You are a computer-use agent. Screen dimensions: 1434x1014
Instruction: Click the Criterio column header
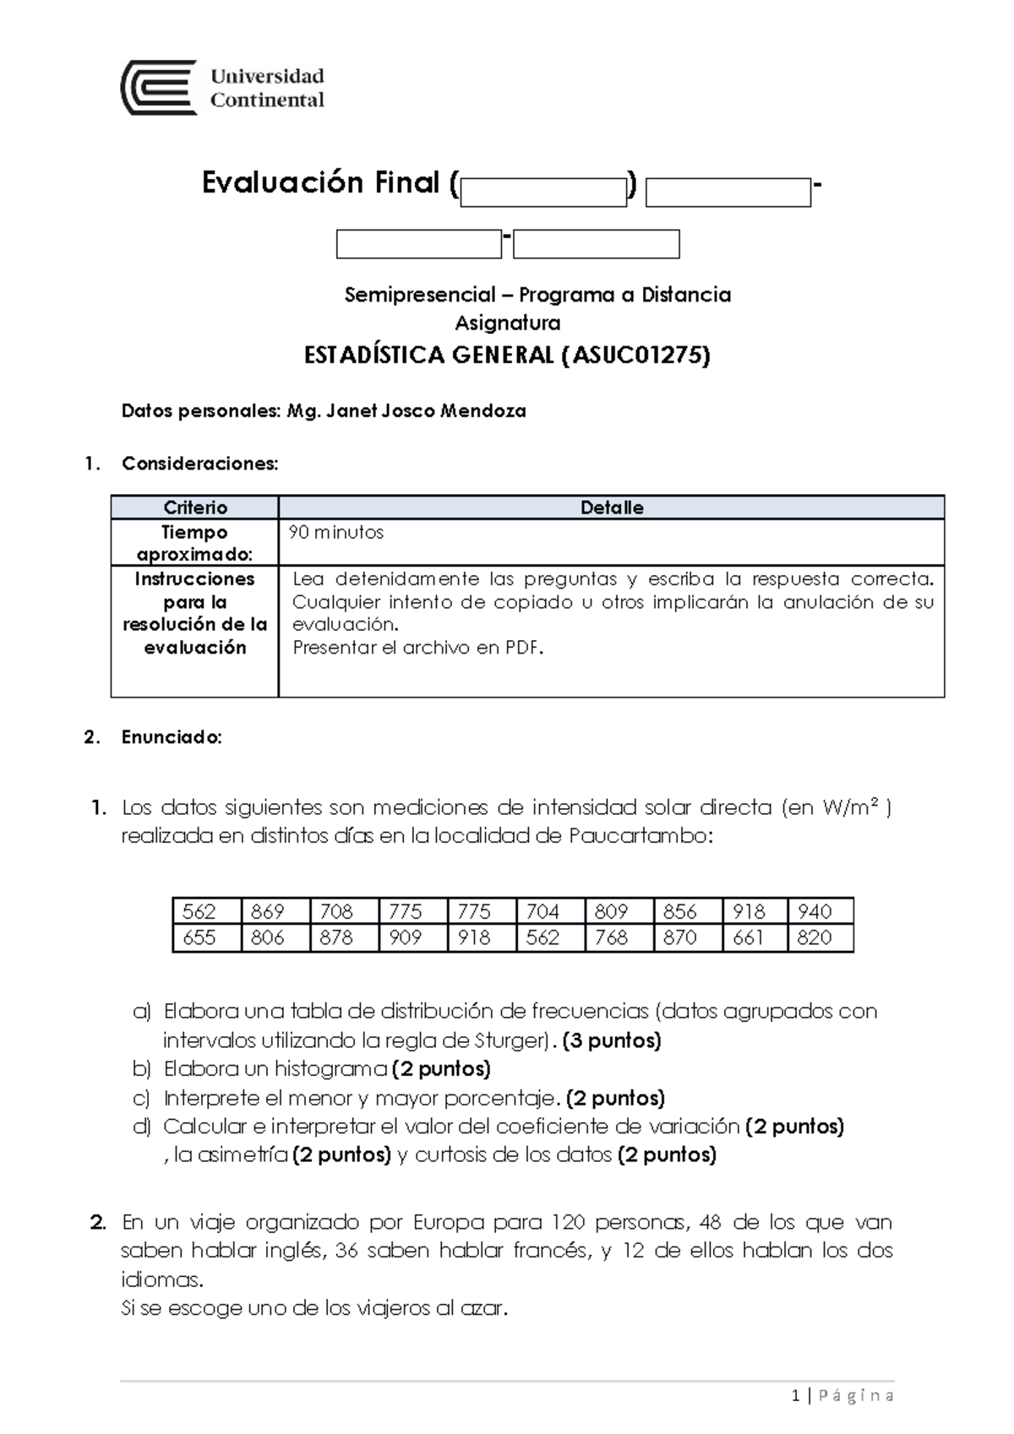pyautogui.click(x=195, y=508)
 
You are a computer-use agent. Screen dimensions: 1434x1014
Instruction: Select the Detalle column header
pyautogui.click(x=612, y=508)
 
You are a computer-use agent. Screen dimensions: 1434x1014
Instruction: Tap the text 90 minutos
pyautogui.click(x=336, y=533)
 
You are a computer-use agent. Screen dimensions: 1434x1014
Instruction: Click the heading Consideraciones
pyautogui.click(x=199, y=464)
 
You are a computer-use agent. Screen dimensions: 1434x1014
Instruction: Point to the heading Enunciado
pyautogui.click(x=172, y=737)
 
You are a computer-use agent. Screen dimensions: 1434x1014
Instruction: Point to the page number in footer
pyautogui.click(x=797, y=1396)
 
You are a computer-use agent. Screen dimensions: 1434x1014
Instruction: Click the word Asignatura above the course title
pyautogui.click(x=508, y=323)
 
